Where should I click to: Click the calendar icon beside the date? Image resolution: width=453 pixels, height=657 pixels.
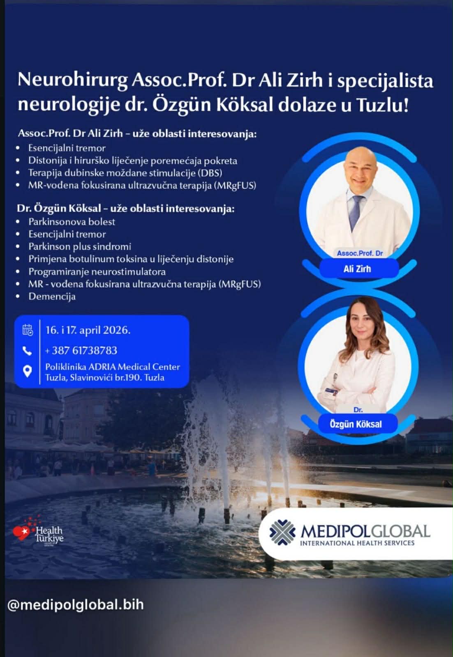click(28, 330)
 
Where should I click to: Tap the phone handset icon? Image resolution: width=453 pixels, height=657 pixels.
click(27, 351)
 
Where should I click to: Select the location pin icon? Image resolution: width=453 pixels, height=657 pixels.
click(27, 371)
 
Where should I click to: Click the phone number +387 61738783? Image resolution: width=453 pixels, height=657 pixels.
click(81, 351)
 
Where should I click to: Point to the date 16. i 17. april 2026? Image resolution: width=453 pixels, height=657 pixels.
click(88, 330)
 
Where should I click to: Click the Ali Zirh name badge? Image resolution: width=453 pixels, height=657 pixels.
click(358, 269)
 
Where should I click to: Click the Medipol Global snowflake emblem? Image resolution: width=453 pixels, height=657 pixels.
click(282, 532)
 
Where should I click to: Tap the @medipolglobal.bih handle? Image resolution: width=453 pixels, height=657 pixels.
click(76, 604)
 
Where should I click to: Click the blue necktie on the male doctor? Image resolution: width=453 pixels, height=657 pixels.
click(356, 212)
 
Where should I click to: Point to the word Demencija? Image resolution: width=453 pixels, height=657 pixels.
click(52, 296)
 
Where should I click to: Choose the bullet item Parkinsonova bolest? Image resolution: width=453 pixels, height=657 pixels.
click(72, 222)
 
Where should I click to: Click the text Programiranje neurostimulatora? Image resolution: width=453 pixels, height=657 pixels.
click(97, 271)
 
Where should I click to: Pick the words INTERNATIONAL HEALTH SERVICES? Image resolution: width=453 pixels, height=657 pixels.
click(357, 543)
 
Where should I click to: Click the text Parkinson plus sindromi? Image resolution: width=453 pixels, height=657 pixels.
click(80, 247)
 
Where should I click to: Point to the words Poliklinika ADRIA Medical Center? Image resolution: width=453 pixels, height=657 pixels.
click(113, 367)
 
